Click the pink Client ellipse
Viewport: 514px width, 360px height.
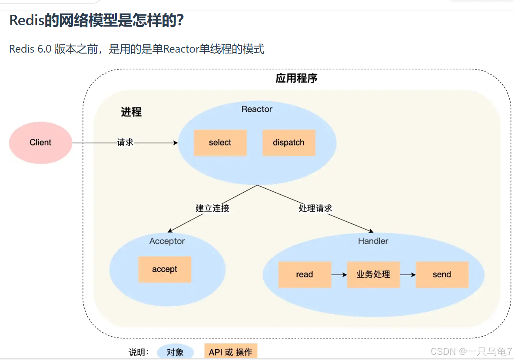(x=40, y=143)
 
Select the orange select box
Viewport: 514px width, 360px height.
(x=220, y=143)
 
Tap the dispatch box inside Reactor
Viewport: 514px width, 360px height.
(x=289, y=143)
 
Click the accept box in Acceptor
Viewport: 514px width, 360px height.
(x=164, y=269)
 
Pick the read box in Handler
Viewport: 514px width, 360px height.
(x=304, y=274)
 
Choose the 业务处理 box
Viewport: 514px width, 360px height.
(x=373, y=274)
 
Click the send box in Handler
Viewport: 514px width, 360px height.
(x=441, y=274)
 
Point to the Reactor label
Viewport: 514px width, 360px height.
(x=257, y=109)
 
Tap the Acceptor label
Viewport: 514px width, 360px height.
(x=167, y=241)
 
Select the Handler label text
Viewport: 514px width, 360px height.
(x=373, y=241)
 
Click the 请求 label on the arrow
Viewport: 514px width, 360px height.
(x=125, y=142)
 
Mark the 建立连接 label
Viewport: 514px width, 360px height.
(x=212, y=208)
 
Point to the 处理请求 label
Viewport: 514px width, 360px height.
(x=315, y=208)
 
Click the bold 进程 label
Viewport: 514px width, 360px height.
(x=131, y=112)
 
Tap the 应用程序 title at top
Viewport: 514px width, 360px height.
(x=296, y=78)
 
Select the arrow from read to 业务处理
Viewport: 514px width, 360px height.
(x=339, y=275)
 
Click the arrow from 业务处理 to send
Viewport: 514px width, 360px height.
(x=408, y=275)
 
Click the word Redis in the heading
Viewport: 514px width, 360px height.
(x=27, y=20)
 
